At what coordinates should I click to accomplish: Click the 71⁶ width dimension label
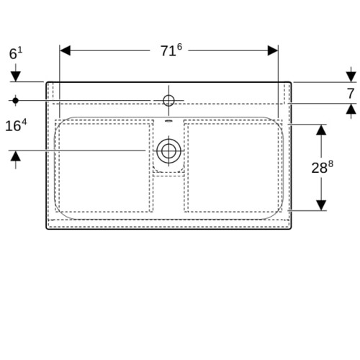pyautogui.click(x=171, y=50)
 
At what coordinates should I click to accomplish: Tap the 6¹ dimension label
pyautogui.click(x=16, y=53)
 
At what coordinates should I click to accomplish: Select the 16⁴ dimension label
pyautogui.click(x=16, y=125)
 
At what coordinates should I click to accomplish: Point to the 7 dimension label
pyautogui.click(x=351, y=94)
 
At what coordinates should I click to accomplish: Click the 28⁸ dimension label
pyautogui.click(x=323, y=167)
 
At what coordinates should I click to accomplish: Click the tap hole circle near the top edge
pyautogui.click(x=168, y=100)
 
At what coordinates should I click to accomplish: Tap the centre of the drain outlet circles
pyautogui.click(x=168, y=150)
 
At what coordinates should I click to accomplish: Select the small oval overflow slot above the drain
pyautogui.click(x=168, y=121)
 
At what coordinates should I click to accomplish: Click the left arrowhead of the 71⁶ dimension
pyautogui.click(x=65, y=50)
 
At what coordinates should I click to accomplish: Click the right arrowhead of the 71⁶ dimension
pyautogui.click(x=273, y=50)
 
